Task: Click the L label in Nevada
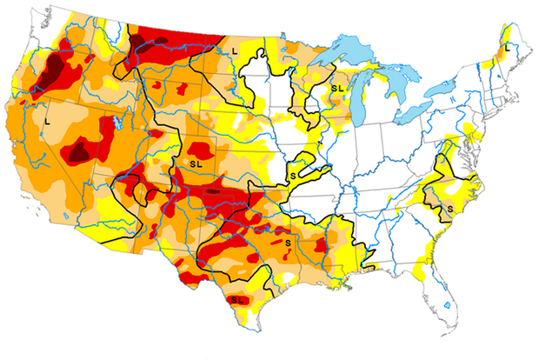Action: pos(47,123)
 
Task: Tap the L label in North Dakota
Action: pos(235,52)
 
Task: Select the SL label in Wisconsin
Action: pos(336,87)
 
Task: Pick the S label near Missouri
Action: pos(293,175)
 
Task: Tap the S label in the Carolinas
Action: pos(449,210)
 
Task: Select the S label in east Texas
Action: pos(287,241)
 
